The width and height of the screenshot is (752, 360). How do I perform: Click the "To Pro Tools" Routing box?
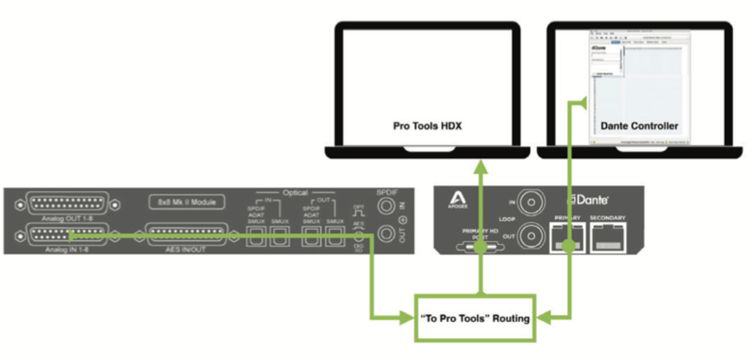475,318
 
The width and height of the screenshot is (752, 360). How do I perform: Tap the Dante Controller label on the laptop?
639,126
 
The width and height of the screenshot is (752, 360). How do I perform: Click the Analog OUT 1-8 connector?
66,203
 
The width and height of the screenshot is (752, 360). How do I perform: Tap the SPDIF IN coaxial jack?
388,206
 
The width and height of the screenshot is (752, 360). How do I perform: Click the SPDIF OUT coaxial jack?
388,235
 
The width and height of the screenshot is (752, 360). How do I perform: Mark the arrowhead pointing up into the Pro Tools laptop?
481,165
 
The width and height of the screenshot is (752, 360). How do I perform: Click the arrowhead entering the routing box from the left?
407,318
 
